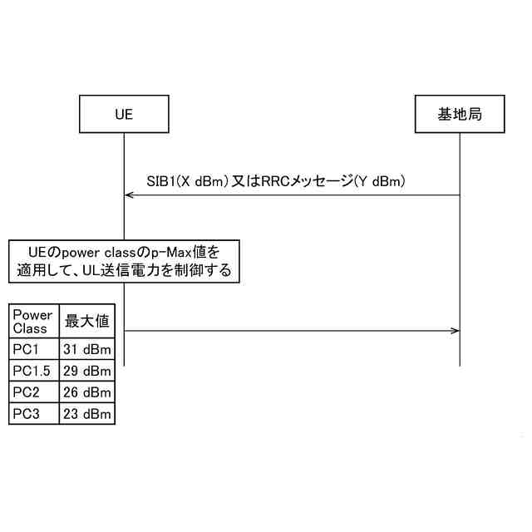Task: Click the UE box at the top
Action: (123, 115)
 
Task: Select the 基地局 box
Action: (459, 115)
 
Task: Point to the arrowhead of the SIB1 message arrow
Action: (127, 195)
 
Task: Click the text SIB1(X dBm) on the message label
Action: (181, 180)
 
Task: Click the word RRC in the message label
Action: (279, 180)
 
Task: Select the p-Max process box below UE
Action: (124, 261)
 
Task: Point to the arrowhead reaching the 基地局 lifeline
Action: (456, 331)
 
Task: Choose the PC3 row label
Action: (27, 413)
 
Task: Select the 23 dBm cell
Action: (87, 413)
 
